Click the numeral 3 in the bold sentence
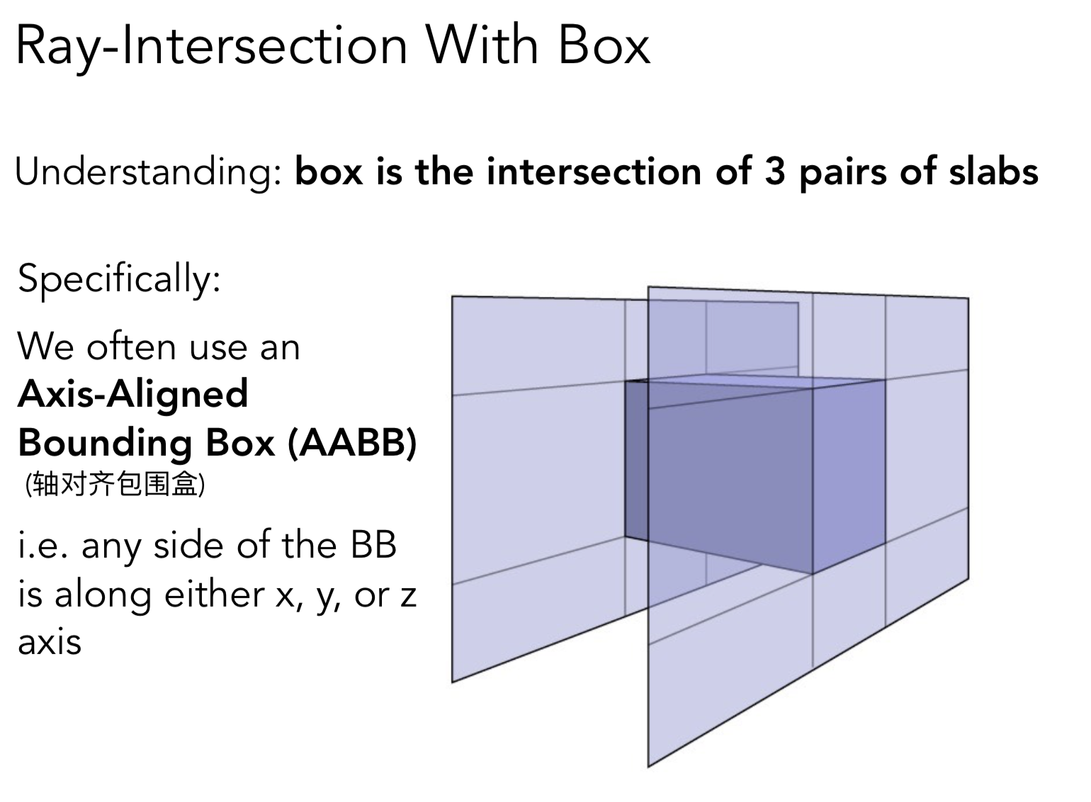click(775, 172)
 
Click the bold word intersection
click(594, 172)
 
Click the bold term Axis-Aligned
click(133, 394)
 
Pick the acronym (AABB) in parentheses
click(352, 443)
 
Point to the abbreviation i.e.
click(43, 546)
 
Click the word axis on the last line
click(50, 642)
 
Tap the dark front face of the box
click(730, 482)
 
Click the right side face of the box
click(849, 475)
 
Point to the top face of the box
click(751, 383)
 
